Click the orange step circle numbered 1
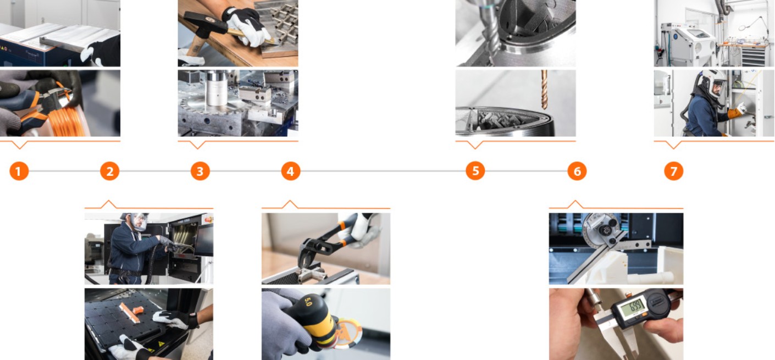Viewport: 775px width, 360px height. click(19, 171)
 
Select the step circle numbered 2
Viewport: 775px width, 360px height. click(110, 171)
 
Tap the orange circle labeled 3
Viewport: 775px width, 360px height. click(200, 171)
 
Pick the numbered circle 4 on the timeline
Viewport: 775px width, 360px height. click(291, 171)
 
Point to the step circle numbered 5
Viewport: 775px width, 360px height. click(475, 171)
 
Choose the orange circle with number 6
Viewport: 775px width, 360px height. click(577, 171)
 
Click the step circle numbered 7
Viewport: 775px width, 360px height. click(674, 171)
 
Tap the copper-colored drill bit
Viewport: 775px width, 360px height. click(544, 90)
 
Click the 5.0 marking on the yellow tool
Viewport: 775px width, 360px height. click(307, 301)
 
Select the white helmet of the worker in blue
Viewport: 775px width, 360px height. click(713, 82)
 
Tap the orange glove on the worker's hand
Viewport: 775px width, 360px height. click(735, 113)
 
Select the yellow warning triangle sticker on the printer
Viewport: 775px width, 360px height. click(161, 344)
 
